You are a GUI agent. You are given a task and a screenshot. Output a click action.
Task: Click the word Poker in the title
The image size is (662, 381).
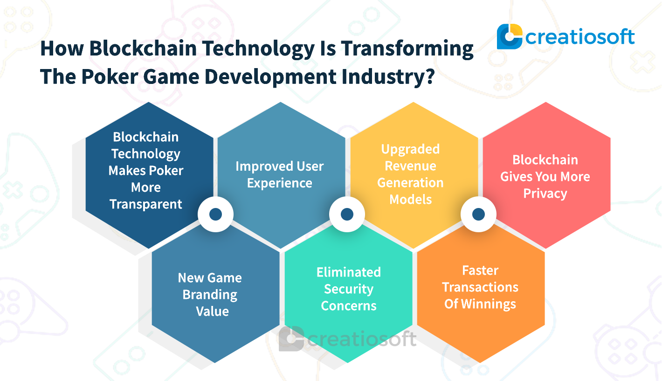click(110, 76)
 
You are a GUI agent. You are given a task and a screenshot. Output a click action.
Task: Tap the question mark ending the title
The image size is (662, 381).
click(430, 76)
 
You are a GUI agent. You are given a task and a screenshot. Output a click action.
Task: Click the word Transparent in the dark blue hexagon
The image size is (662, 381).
click(146, 204)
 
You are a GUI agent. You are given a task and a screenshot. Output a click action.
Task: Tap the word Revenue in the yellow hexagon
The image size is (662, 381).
click(410, 166)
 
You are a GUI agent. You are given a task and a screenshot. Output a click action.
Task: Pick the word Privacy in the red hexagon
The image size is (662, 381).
click(545, 194)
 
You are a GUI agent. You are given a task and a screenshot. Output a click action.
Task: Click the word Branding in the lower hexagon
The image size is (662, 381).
click(210, 295)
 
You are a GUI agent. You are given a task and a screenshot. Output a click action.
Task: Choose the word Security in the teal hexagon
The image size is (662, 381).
click(349, 290)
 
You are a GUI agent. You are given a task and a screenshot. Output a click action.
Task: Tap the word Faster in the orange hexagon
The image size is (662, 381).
click(480, 270)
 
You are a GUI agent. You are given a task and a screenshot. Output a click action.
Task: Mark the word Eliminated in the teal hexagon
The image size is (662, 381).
click(349, 272)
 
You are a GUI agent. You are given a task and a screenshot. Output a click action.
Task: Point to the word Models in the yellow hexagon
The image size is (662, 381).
click(410, 200)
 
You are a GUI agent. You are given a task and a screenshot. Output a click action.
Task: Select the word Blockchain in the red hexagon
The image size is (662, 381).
click(545, 160)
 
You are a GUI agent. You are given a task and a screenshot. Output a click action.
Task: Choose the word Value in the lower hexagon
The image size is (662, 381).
click(212, 312)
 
